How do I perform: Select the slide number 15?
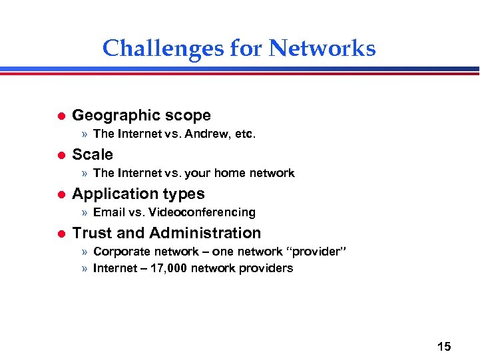(x=444, y=347)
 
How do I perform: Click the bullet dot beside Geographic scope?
(x=59, y=116)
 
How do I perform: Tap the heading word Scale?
(x=93, y=154)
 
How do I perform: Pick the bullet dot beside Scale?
(x=59, y=155)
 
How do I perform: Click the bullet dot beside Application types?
(x=59, y=194)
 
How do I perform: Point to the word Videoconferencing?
(x=202, y=212)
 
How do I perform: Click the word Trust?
(x=90, y=233)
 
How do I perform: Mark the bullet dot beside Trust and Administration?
(x=59, y=234)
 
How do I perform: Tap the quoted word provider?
(x=316, y=252)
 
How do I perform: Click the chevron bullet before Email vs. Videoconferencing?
(x=85, y=213)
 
